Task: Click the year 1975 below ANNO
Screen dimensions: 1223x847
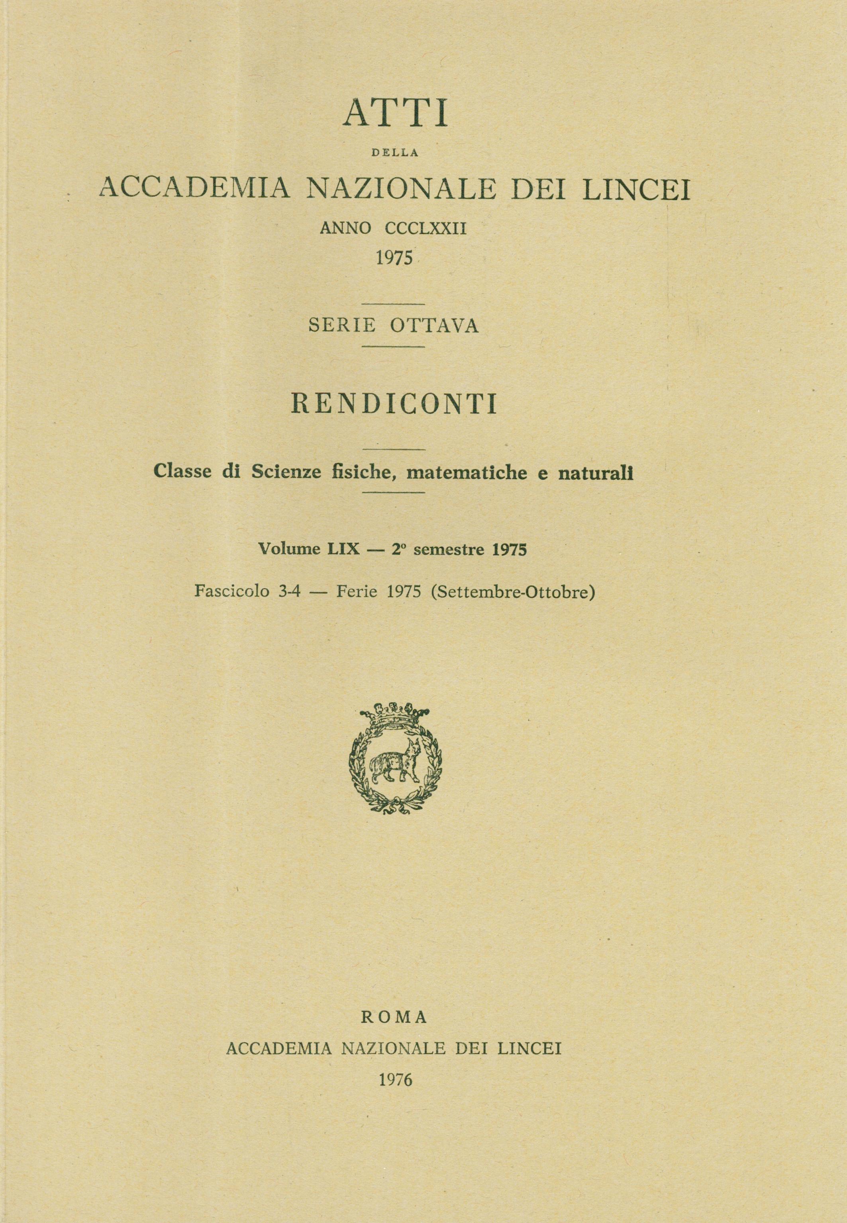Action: [394, 259]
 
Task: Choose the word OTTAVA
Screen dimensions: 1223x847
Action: [435, 326]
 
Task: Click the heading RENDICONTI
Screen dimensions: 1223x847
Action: [394, 404]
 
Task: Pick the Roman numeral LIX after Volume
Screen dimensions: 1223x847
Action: [347, 550]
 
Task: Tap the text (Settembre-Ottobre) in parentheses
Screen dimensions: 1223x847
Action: [513, 591]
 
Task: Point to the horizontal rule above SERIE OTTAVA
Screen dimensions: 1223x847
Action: [393, 304]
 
